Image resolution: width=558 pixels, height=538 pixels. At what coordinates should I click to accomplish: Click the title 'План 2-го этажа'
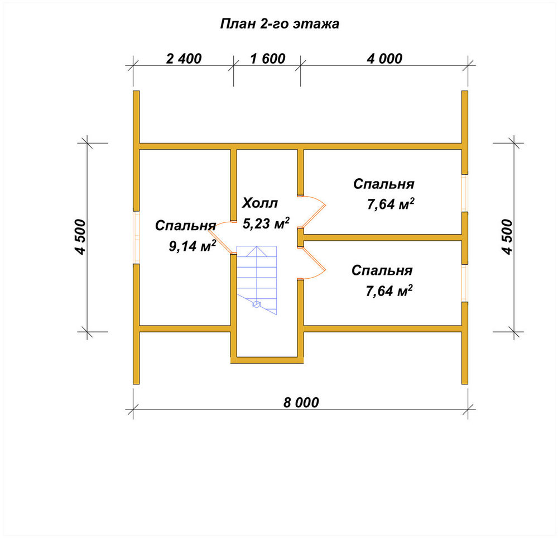point(280,24)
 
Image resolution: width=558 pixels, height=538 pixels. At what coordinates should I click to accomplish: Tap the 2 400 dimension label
point(184,59)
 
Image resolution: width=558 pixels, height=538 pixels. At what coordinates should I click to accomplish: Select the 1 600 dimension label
point(268,59)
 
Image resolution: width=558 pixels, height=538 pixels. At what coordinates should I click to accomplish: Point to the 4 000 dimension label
point(384,59)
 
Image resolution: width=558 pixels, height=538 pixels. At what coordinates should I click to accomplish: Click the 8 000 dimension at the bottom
point(301,402)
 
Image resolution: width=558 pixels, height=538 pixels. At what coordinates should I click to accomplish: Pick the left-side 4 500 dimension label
point(81,237)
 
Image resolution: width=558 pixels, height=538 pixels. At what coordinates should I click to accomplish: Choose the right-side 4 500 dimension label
point(507,237)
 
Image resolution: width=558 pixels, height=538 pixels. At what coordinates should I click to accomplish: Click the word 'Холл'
point(260,203)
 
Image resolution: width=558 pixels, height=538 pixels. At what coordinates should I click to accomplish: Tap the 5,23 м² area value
point(266,223)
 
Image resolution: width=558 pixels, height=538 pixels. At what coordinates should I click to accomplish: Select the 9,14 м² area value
point(192,245)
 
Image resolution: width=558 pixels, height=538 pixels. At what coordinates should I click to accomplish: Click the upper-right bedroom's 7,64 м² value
point(391,204)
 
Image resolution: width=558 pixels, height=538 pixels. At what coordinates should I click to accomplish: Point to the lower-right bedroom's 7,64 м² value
point(389,291)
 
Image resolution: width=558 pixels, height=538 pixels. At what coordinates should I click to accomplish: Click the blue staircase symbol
point(257,280)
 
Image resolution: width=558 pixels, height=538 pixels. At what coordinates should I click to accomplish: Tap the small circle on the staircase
point(256,304)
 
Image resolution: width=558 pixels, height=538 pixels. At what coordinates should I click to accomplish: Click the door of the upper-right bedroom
point(312,212)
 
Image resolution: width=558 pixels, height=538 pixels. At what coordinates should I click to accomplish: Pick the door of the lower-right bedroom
point(312,263)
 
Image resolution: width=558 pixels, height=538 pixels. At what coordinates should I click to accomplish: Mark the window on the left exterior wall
point(136,237)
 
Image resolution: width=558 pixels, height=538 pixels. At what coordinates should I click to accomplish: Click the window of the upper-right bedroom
point(464,193)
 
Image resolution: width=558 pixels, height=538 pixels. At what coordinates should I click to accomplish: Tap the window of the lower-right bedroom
point(464,283)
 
